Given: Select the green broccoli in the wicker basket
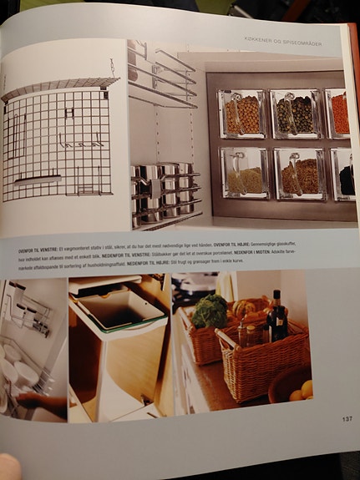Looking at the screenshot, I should tap(210, 312).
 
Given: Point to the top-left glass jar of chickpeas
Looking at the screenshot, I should tap(243, 114).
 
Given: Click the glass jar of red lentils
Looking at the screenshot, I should tap(338, 114).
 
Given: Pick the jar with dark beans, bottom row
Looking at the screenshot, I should tap(346, 176).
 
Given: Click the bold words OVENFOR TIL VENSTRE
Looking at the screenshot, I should tap(41, 250).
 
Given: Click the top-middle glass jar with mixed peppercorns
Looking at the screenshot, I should tap(295, 114).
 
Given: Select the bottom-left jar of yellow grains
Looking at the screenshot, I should tap(244, 174).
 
